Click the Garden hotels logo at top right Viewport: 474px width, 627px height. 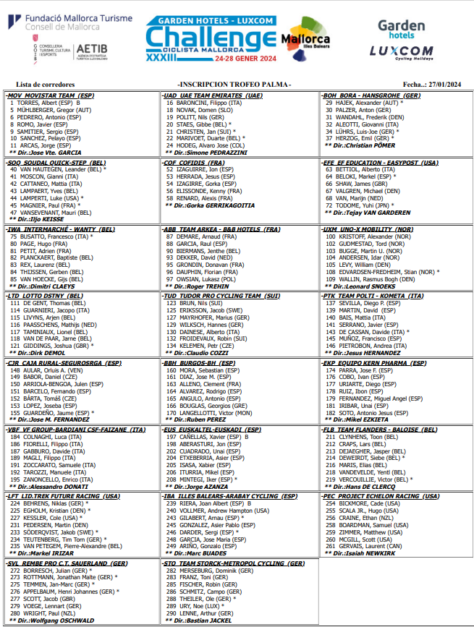pyautogui.click(x=402, y=30)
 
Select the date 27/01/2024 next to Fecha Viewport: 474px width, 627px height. pyautogui.click(x=444, y=85)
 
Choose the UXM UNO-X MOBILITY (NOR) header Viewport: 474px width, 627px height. pyautogui.click(x=368, y=229)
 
